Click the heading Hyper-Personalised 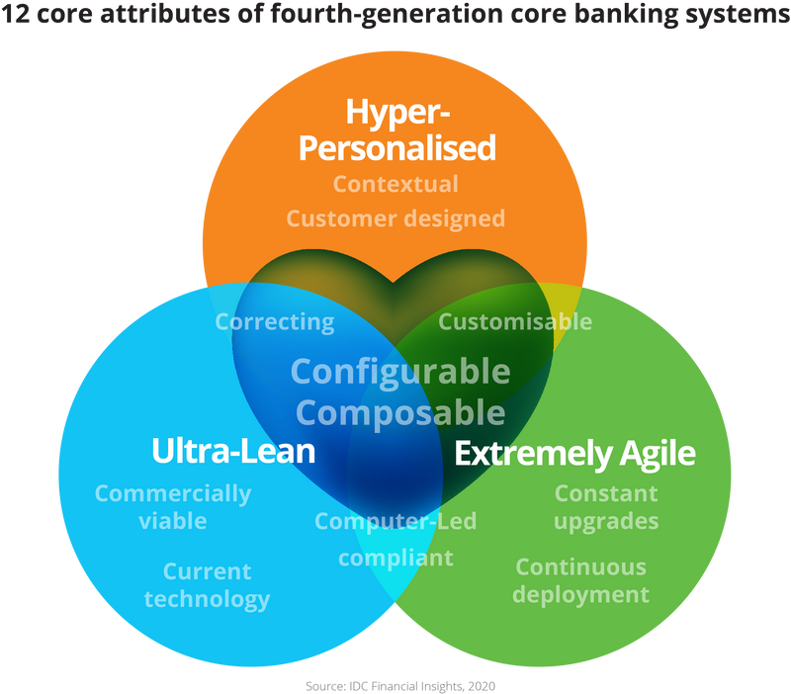click(x=396, y=130)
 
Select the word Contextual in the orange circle click(x=395, y=184)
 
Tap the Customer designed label click(x=395, y=217)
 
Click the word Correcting click(x=275, y=321)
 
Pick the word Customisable click(x=515, y=321)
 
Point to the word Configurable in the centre click(x=400, y=372)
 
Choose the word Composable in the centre click(x=400, y=411)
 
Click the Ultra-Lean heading click(x=233, y=452)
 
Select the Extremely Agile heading click(x=574, y=454)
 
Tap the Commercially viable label click(x=173, y=506)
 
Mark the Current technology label click(x=207, y=585)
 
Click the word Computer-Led click(x=395, y=521)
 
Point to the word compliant click(x=395, y=558)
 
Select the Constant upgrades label click(x=606, y=506)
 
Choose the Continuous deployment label click(x=580, y=580)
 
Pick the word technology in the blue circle click(x=207, y=599)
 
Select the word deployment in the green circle click(x=580, y=594)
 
